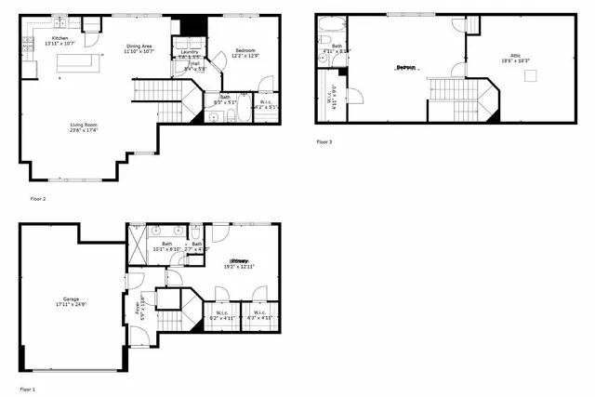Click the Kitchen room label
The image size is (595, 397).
tap(59, 38)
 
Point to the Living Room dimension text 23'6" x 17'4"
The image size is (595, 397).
tap(85, 131)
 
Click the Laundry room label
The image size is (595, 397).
tap(190, 50)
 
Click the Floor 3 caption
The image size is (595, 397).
tap(324, 141)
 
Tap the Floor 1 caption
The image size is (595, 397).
tap(28, 388)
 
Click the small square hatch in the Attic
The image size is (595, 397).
tap(531, 76)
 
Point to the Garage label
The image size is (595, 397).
tap(63, 298)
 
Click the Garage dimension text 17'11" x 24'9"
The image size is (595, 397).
tap(63, 305)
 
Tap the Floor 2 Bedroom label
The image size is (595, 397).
tap(245, 50)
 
